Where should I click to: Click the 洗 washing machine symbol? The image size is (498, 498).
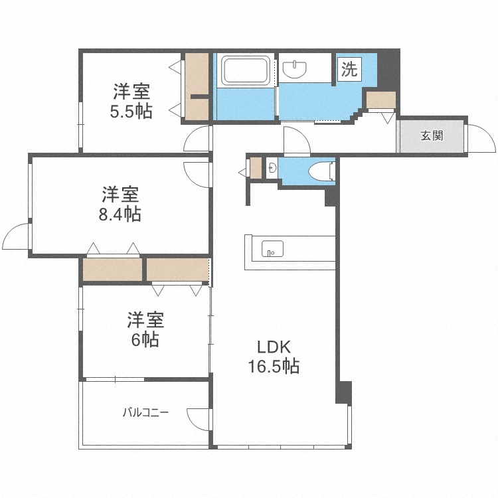(x=349, y=69)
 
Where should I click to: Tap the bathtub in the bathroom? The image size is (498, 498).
(x=246, y=70)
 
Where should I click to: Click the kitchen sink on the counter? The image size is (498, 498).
(x=272, y=248)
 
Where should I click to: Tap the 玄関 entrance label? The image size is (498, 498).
(x=432, y=136)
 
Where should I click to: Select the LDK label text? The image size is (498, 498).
(x=274, y=347)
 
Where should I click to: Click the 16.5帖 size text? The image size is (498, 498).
(x=274, y=366)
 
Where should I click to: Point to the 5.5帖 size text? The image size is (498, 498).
(x=131, y=111)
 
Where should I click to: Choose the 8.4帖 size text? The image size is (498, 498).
(x=120, y=214)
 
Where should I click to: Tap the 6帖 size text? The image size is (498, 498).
(x=145, y=339)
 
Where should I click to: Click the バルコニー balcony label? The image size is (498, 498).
(x=146, y=412)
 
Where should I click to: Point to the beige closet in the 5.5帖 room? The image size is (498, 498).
(x=197, y=87)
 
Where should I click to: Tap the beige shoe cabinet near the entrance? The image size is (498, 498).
(x=381, y=100)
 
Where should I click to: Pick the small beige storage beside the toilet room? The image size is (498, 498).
(x=256, y=168)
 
